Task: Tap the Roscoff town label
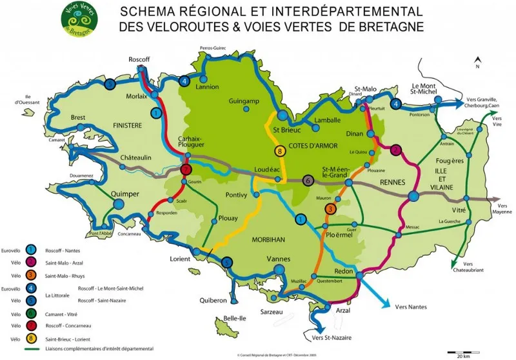(139, 59)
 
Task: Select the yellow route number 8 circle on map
(279, 152)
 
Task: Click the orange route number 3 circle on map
(330, 208)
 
